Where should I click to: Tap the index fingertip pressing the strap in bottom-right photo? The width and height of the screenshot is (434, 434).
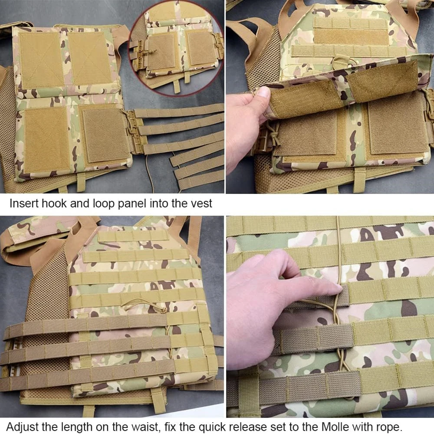[335, 289]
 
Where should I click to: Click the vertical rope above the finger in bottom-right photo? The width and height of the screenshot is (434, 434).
[338, 247]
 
